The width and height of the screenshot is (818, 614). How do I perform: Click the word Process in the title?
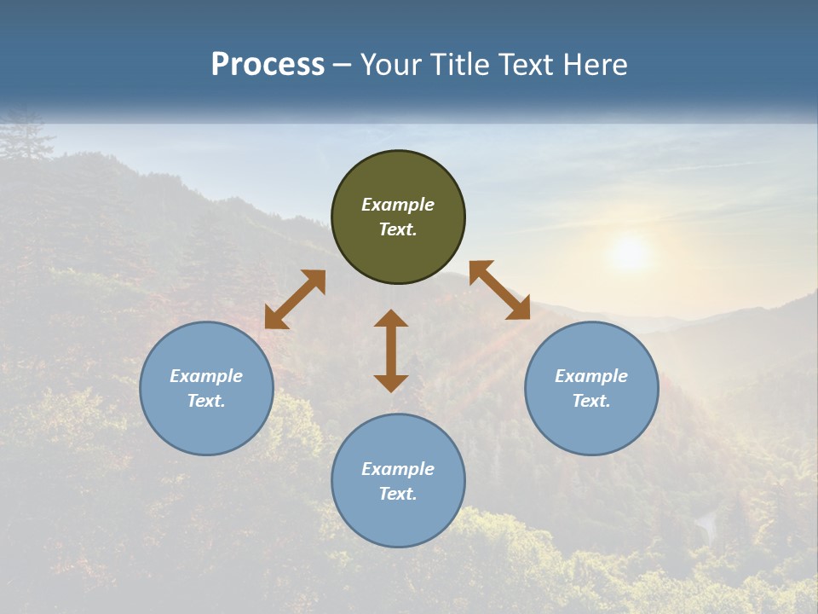point(268,65)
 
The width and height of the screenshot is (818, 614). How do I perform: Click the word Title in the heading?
point(458,65)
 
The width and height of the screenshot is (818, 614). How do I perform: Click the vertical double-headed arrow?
point(391,350)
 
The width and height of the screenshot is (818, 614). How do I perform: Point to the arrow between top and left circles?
point(295,299)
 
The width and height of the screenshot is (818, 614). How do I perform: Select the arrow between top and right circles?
point(500,290)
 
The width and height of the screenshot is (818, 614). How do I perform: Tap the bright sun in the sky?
point(630,253)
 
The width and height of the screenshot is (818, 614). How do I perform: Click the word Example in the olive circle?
point(398,205)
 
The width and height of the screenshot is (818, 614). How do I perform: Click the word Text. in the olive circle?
point(398,229)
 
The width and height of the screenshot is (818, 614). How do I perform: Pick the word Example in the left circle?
point(206,376)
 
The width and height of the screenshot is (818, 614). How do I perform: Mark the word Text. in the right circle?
point(591,401)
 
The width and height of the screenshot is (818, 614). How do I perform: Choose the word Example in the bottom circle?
point(398,469)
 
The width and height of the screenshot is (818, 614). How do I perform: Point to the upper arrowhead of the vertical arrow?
point(391,318)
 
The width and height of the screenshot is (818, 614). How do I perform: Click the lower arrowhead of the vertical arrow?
point(391,383)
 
